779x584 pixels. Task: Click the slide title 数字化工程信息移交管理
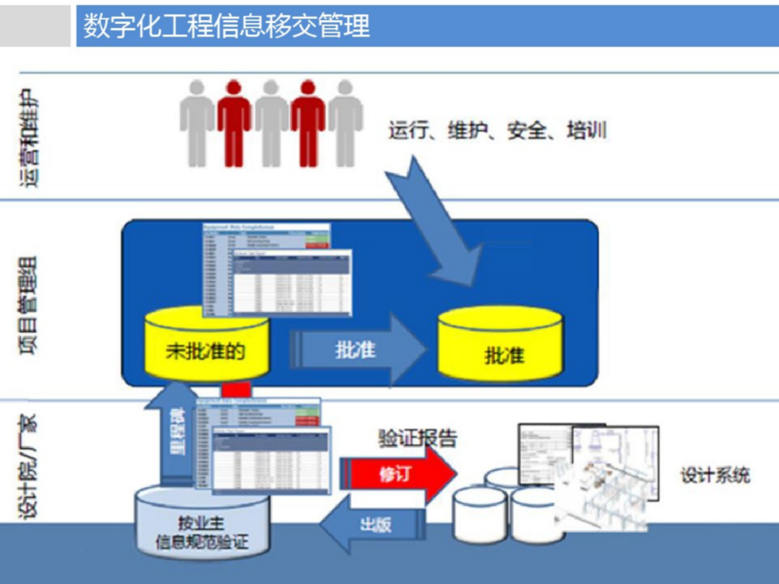click(x=226, y=26)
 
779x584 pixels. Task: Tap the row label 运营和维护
click(x=30, y=138)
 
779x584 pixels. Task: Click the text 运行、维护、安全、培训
click(x=497, y=131)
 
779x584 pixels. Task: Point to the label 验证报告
click(x=418, y=437)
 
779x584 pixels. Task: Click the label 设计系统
click(x=714, y=475)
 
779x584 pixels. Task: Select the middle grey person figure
click(x=271, y=123)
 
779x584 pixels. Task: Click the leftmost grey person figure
click(x=197, y=123)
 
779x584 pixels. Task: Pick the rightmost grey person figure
click(x=346, y=123)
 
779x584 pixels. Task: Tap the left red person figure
click(x=234, y=123)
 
